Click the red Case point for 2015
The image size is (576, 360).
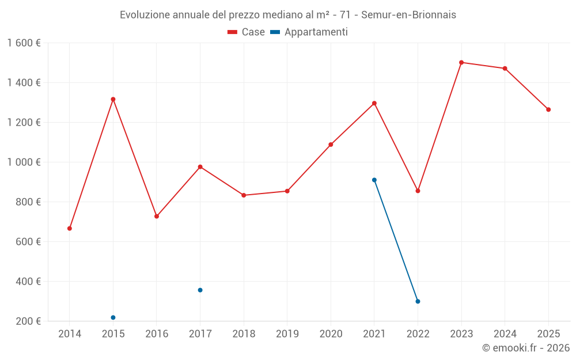[113, 99]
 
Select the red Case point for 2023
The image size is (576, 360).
[461, 62]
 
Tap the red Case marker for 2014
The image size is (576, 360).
[70, 229]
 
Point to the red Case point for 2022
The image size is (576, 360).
[418, 191]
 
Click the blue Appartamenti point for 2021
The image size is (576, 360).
[374, 180]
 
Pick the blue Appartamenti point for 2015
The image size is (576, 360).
[113, 317]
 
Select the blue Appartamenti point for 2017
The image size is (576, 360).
[200, 290]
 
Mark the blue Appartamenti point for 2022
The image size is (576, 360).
[418, 301]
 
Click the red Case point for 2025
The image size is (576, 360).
[548, 109]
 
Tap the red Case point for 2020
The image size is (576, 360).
[331, 145]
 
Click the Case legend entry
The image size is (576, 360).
[247, 32]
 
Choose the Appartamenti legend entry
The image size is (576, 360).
[309, 32]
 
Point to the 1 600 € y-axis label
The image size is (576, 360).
[24, 43]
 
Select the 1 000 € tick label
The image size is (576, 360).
[24, 162]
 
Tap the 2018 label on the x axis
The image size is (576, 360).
[244, 334]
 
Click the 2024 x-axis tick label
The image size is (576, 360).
[505, 334]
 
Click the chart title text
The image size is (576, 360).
[288, 15]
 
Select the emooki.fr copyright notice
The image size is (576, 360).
[526, 347]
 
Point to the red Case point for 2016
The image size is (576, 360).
[157, 216]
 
